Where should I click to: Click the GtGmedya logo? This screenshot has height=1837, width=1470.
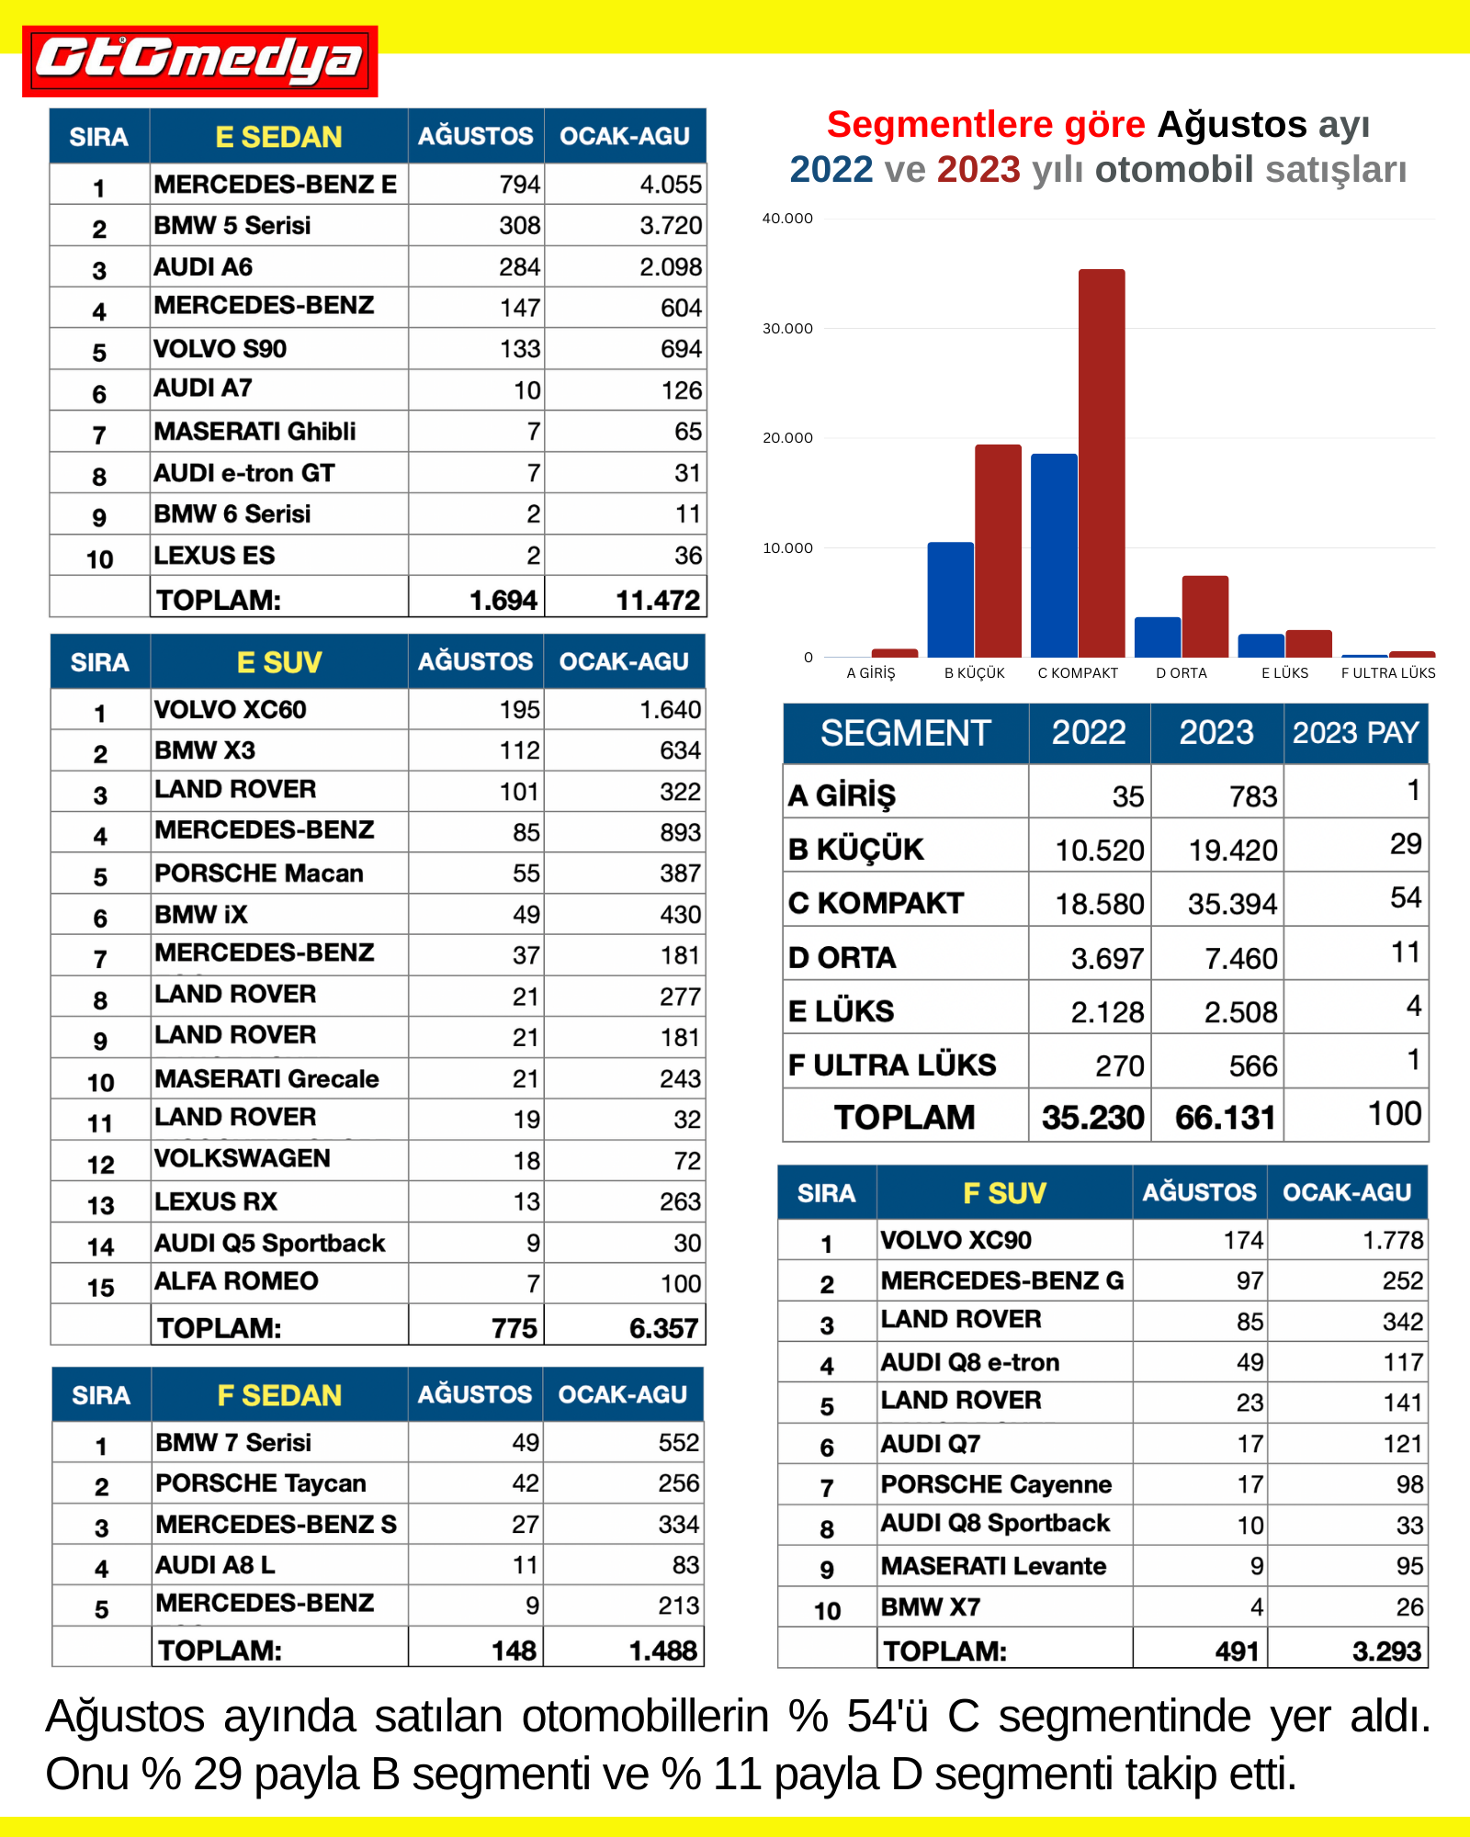point(199,61)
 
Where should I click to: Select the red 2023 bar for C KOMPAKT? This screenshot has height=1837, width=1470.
point(1102,463)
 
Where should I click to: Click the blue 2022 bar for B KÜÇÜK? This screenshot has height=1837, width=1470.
point(950,599)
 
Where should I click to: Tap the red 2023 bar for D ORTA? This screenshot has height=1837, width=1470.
point(1204,615)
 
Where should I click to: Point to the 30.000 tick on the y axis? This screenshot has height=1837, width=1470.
point(787,329)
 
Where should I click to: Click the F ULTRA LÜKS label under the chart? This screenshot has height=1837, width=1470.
point(1387,673)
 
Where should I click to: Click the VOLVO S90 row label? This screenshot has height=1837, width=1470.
point(220,349)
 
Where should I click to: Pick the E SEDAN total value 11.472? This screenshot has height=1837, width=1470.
point(657,601)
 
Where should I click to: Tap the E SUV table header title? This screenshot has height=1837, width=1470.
point(279,662)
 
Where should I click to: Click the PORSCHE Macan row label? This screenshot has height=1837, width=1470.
point(259,873)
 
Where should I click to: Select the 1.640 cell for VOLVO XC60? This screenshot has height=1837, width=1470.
point(670,710)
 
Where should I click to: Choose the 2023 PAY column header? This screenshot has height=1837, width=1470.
point(1355,733)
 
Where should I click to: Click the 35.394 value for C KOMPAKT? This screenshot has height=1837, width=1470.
point(1232,905)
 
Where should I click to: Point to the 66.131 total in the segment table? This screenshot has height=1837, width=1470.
point(1225,1118)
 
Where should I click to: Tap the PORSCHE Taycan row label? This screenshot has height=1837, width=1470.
point(261,1483)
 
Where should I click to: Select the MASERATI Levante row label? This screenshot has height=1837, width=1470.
point(993,1566)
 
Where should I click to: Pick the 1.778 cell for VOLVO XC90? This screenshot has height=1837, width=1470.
point(1392,1241)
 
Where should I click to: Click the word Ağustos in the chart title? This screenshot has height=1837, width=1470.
point(1231,125)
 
